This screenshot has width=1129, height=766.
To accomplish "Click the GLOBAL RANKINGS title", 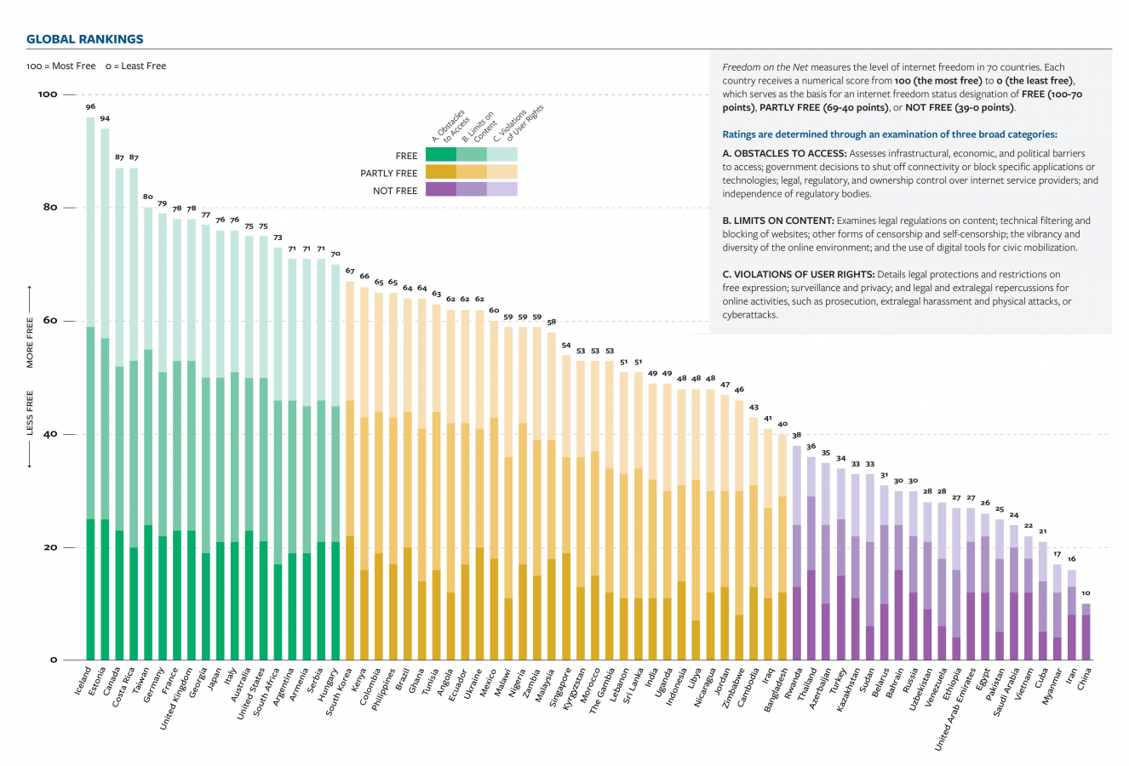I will click(x=85, y=39).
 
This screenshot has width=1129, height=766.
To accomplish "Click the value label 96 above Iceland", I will click(x=90, y=107).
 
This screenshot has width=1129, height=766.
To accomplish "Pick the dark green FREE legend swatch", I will click(x=440, y=155).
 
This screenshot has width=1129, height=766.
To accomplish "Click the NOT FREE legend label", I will click(x=395, y=191).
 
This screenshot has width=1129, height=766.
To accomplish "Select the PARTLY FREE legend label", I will click(x=389, y=174).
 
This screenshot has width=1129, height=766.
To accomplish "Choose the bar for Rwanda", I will click(x=797, y=553).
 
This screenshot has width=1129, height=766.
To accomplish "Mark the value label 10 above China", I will click(x=1086, y=593).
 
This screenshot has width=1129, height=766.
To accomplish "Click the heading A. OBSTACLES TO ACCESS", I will click(x=783, y=153).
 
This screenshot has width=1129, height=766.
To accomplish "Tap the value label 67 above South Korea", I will click(x=349, y=272).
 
